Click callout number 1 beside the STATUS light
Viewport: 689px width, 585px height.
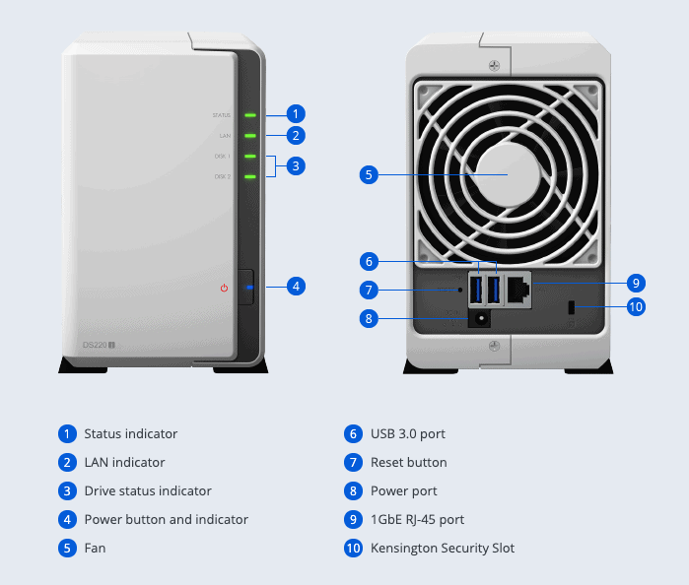point(296,114)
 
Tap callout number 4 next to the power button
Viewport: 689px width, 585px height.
point(296,287)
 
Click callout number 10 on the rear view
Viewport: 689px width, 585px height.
point(636,307)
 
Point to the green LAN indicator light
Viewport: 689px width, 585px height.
point(250,136)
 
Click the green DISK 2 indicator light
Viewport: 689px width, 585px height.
point(250,177)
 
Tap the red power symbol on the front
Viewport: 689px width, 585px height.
point(225,288)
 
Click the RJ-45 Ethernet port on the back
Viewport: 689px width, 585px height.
point(519,289)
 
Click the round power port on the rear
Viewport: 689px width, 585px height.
point(481,318)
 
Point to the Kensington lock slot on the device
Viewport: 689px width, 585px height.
point(573,308)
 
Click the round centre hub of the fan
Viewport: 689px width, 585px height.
point(507,174)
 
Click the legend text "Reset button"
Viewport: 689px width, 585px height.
point(408,462)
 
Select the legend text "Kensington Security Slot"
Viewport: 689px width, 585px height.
point(442,548)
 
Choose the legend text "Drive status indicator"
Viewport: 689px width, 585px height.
point(147,490)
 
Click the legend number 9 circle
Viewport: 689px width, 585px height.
point(353,519)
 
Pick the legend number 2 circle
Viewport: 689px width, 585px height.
point(67,462)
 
